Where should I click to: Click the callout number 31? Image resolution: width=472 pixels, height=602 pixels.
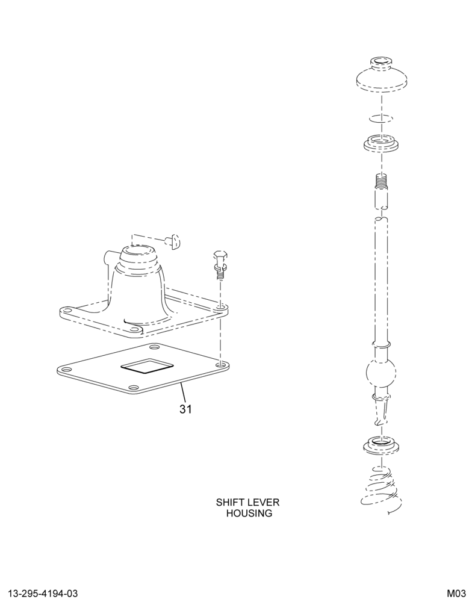pos(185,409)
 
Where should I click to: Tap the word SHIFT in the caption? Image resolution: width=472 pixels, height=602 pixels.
pos(229,502)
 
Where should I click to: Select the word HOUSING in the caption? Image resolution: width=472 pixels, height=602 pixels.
pos(249,513)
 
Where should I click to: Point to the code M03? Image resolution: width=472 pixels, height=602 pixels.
pos(455,594)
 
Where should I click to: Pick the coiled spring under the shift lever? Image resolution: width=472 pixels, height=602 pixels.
pos(381,491)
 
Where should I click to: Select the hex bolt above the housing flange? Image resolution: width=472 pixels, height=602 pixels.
pos(219,265)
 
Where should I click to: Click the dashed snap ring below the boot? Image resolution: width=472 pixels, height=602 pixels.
pos(381,118)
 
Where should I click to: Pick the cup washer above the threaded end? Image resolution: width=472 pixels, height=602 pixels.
pos(381,143)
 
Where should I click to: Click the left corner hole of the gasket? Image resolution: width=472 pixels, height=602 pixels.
pos(64,370)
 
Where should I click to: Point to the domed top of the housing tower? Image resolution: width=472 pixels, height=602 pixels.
pos(138,253)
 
